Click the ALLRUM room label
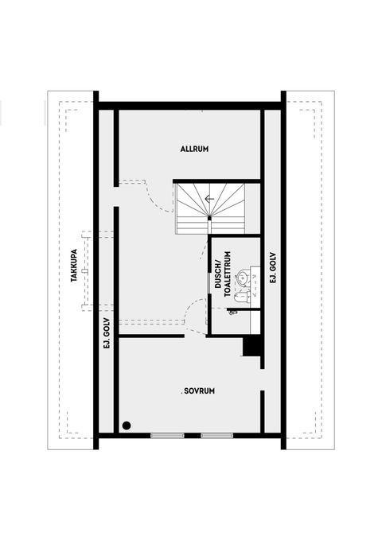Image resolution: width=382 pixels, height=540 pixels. point(194,149)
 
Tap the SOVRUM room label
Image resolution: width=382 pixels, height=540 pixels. point(200,390)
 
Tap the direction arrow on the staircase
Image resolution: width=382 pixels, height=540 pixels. point(209,200)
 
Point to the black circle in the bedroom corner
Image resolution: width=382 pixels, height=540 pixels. point(126,425)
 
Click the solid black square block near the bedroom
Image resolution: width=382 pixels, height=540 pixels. point(251,348)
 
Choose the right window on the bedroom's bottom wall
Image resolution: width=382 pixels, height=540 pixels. point(216,435)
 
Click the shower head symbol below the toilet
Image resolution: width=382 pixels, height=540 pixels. point(232,313)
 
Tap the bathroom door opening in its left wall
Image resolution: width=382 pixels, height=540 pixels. point(209,318)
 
